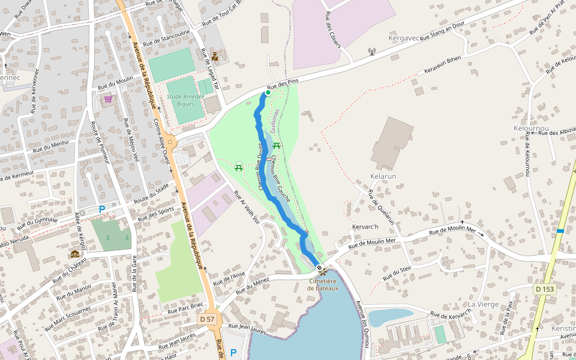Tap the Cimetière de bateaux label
coord(323,284)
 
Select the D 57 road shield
coord(207,319)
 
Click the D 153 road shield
coord(545,289)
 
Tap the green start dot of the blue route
coord(268,93)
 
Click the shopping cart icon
coord(108,99)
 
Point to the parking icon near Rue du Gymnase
coord(101,209)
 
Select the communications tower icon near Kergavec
coord(371,52)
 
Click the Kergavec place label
coord(403,38)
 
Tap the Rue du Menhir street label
coord(51,146)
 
